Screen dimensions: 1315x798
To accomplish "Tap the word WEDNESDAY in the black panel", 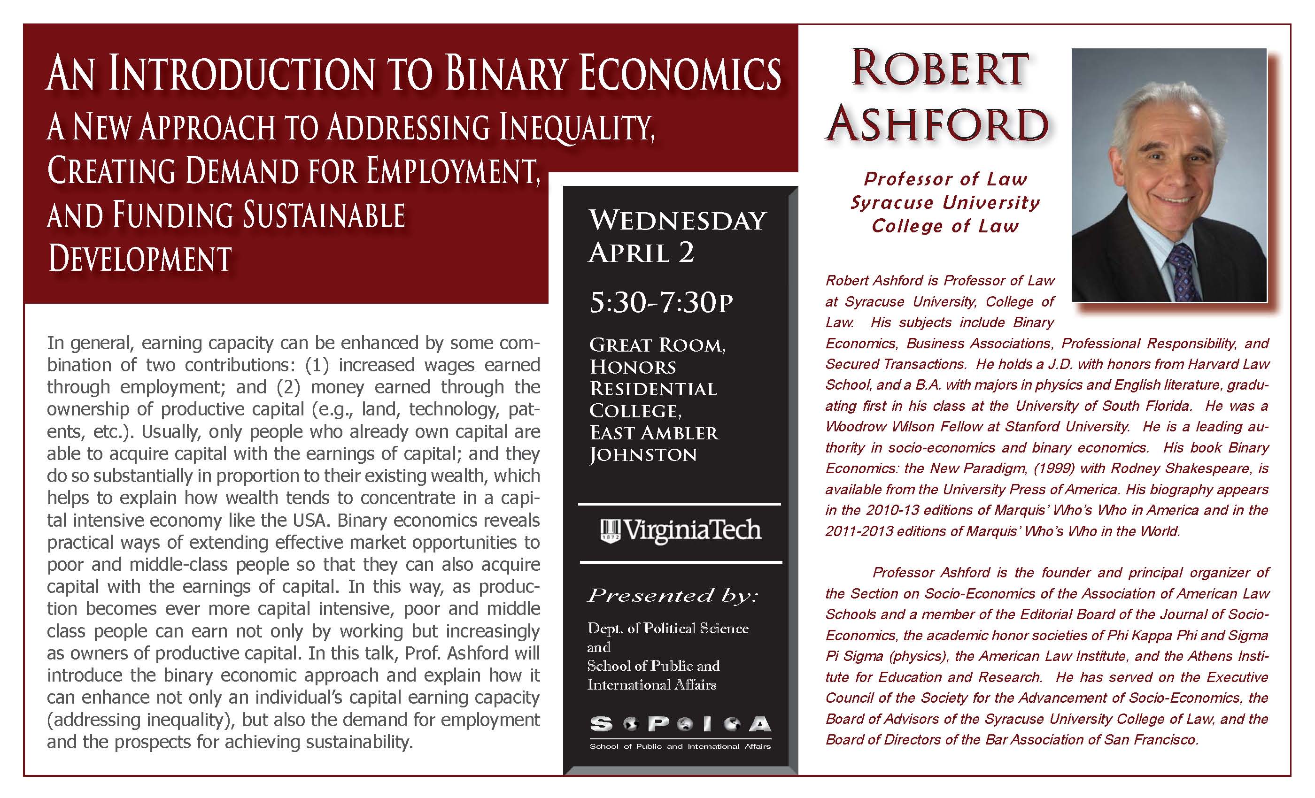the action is tap(677, 221).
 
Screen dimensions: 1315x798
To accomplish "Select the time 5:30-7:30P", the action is tap(661, 303).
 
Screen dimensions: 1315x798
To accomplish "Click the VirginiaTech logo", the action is tap(680, 531).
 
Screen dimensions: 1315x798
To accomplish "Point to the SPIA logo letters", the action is tap(680, 724).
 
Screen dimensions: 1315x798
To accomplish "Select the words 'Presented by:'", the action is tap(672, 595).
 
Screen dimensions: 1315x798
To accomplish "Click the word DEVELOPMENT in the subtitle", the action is tap(140, 259).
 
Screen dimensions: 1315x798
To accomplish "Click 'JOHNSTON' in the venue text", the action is tap(643, 455).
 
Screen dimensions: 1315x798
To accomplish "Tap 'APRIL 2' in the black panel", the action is tap(641, 253).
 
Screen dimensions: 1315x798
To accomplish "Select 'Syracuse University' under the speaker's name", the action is tap(945, 203).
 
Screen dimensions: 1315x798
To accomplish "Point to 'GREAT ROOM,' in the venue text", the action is tap(657, 345).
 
